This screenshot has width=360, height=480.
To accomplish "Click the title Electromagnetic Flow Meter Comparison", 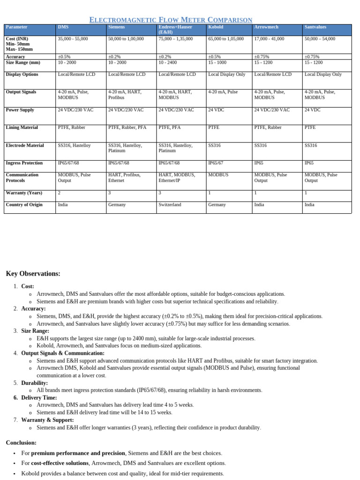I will (x=171, y=20).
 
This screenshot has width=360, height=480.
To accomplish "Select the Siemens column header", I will (x=117, y=27).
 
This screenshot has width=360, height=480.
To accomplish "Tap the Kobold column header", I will (x=216, y=27).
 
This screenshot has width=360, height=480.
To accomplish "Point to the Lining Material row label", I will (x=22, y=127).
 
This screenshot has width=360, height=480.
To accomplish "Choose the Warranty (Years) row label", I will (x=24, y=193).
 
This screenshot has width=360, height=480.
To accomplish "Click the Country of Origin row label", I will (x=24, y=205).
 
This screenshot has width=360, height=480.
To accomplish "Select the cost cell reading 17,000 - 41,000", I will (x=269, y=39).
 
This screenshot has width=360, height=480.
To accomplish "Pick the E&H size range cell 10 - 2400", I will (x=168, y=62).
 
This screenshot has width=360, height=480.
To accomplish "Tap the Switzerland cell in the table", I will (x=170, y=205).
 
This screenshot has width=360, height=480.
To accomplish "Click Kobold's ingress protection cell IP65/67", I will (x=218, y=163).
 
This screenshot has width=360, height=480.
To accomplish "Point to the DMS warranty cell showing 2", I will (x=59, y=193).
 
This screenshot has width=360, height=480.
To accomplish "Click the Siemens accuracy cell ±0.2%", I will (x=114, y=57).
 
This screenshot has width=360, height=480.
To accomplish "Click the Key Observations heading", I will (x=33, y=274).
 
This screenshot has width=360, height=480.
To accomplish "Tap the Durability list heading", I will (x=35, y=383).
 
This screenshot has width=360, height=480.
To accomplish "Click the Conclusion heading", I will (x=21, y=442).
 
